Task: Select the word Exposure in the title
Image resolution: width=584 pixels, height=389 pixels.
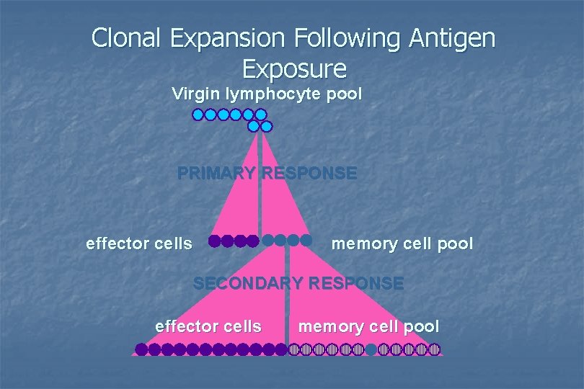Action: coord(294,68)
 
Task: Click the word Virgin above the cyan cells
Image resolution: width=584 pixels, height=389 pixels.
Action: coord(195,94)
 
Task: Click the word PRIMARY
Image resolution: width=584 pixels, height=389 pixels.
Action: coord(216,174)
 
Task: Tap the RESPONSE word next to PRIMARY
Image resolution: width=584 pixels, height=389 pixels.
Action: coord(309,174)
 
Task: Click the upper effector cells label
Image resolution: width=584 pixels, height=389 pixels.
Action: coord(139,243)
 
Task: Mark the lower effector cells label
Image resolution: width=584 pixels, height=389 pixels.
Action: coord(208,326)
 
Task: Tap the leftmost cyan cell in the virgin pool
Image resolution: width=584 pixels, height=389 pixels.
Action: coord(198,115)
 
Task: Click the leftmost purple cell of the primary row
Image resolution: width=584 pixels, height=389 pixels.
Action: coord(215,241)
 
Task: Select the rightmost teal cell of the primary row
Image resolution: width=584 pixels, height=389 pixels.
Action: coord(306,240)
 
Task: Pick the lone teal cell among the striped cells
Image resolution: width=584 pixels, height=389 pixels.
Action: coord(371,349)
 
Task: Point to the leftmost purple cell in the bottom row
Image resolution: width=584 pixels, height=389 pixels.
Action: coord(141,349)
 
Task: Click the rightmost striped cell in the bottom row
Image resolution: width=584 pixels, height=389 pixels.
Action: coord(434,349)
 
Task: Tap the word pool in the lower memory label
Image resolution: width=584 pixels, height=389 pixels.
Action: coord(421,326)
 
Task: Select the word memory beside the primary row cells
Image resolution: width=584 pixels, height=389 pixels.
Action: coord(366,243)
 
